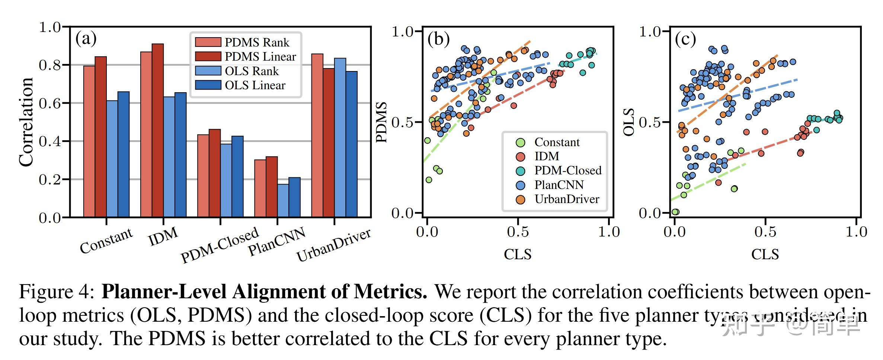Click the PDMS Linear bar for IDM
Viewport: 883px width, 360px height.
pos(158,130)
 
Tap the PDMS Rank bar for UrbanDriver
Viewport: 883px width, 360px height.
pos(317,136)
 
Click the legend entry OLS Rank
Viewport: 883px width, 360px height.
pos(252,71)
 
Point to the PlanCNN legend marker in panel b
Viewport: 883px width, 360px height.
pos(520,185)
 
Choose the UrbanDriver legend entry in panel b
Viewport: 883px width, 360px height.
pos(567,199)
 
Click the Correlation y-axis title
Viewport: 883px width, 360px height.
pos(26,122)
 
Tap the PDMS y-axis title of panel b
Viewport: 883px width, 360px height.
pos(382,122)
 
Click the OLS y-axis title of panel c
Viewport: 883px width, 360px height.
pos(629,122)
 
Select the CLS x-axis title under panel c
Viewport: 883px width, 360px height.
pos(765,254)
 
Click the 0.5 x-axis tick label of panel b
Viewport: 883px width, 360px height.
pos(518,232)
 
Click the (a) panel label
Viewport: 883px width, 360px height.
pos(86,39)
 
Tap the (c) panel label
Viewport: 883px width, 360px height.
pos(685,39)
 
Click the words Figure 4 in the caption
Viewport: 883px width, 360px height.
pos(57,292)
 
